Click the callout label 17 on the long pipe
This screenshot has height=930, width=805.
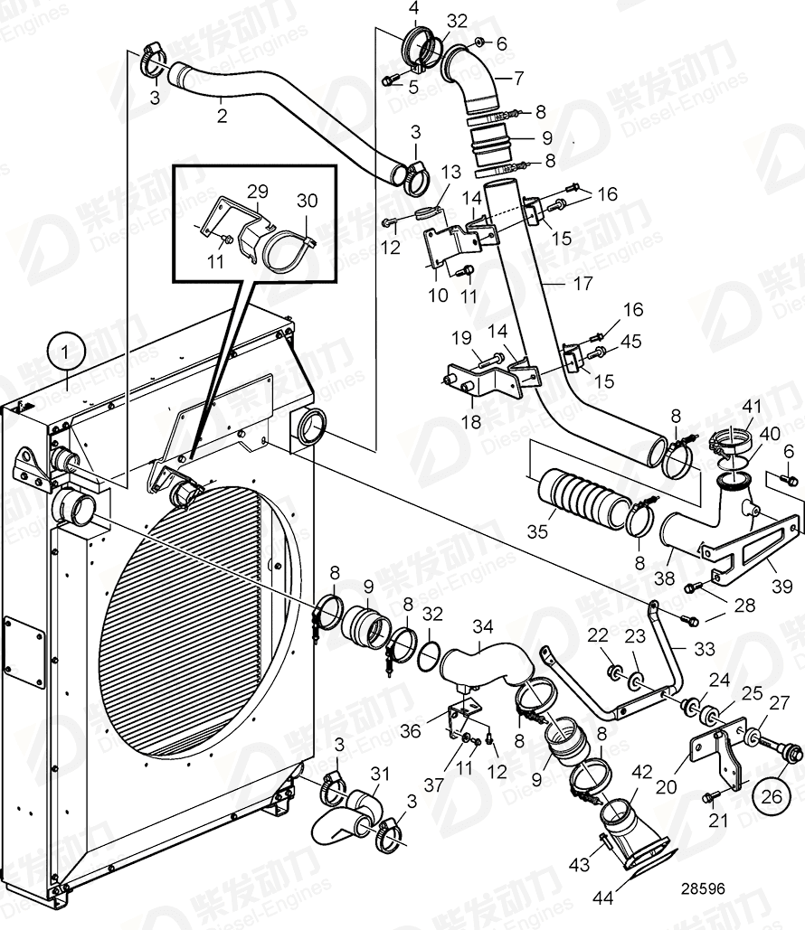point(583,284)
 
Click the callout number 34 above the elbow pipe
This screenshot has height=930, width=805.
point(483,625)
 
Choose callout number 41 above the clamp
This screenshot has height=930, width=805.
point(726,407)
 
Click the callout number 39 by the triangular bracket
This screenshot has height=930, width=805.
point(777,563)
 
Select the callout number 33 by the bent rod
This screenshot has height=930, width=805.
point(704,649)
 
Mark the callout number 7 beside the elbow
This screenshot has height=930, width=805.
point(518,78)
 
